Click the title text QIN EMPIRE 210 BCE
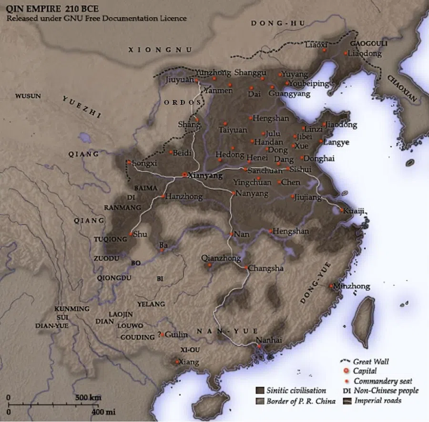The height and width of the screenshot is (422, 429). point(52,9)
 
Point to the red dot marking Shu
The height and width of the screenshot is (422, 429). point(131,234)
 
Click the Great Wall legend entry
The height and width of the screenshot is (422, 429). point(371,362)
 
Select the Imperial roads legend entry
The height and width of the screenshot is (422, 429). point(377,401)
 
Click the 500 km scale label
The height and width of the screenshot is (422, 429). point(88,397)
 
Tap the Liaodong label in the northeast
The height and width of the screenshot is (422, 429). point(365,54)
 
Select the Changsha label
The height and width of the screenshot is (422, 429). point(266,268)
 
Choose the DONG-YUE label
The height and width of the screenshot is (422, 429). point(316,285)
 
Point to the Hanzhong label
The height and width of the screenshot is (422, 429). point(183,196)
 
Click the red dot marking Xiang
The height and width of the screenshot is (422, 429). point(177,362)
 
